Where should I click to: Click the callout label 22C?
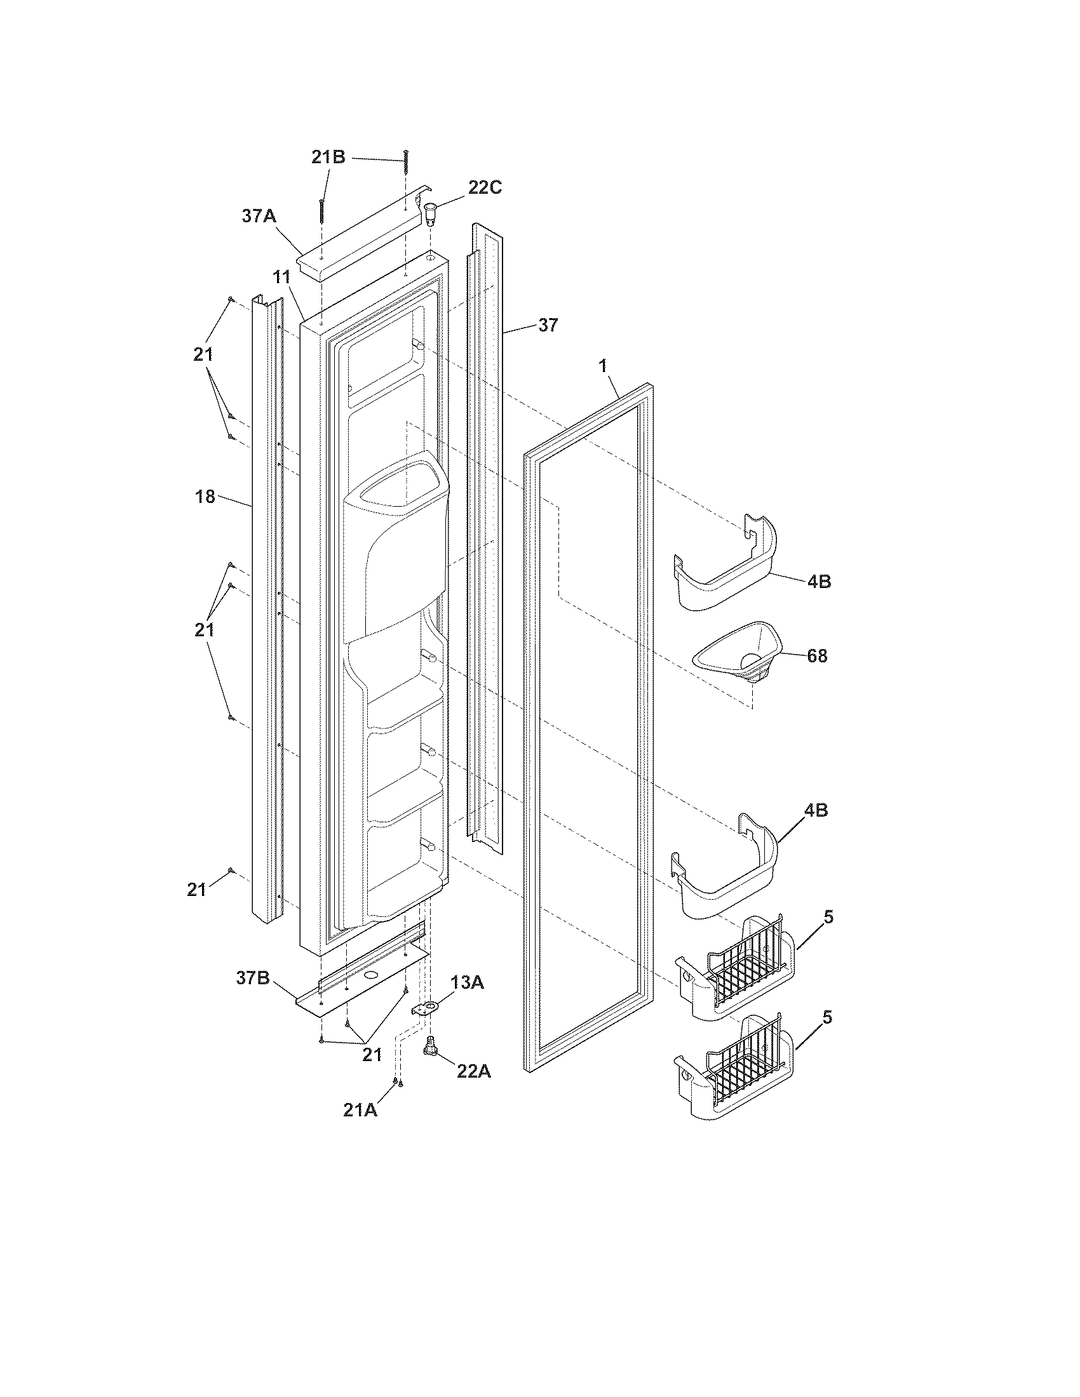tap(484, 187)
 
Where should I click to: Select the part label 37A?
tap(259, 216)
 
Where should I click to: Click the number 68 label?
tap(817, 656)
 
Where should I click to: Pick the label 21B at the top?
tap(328, 157)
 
